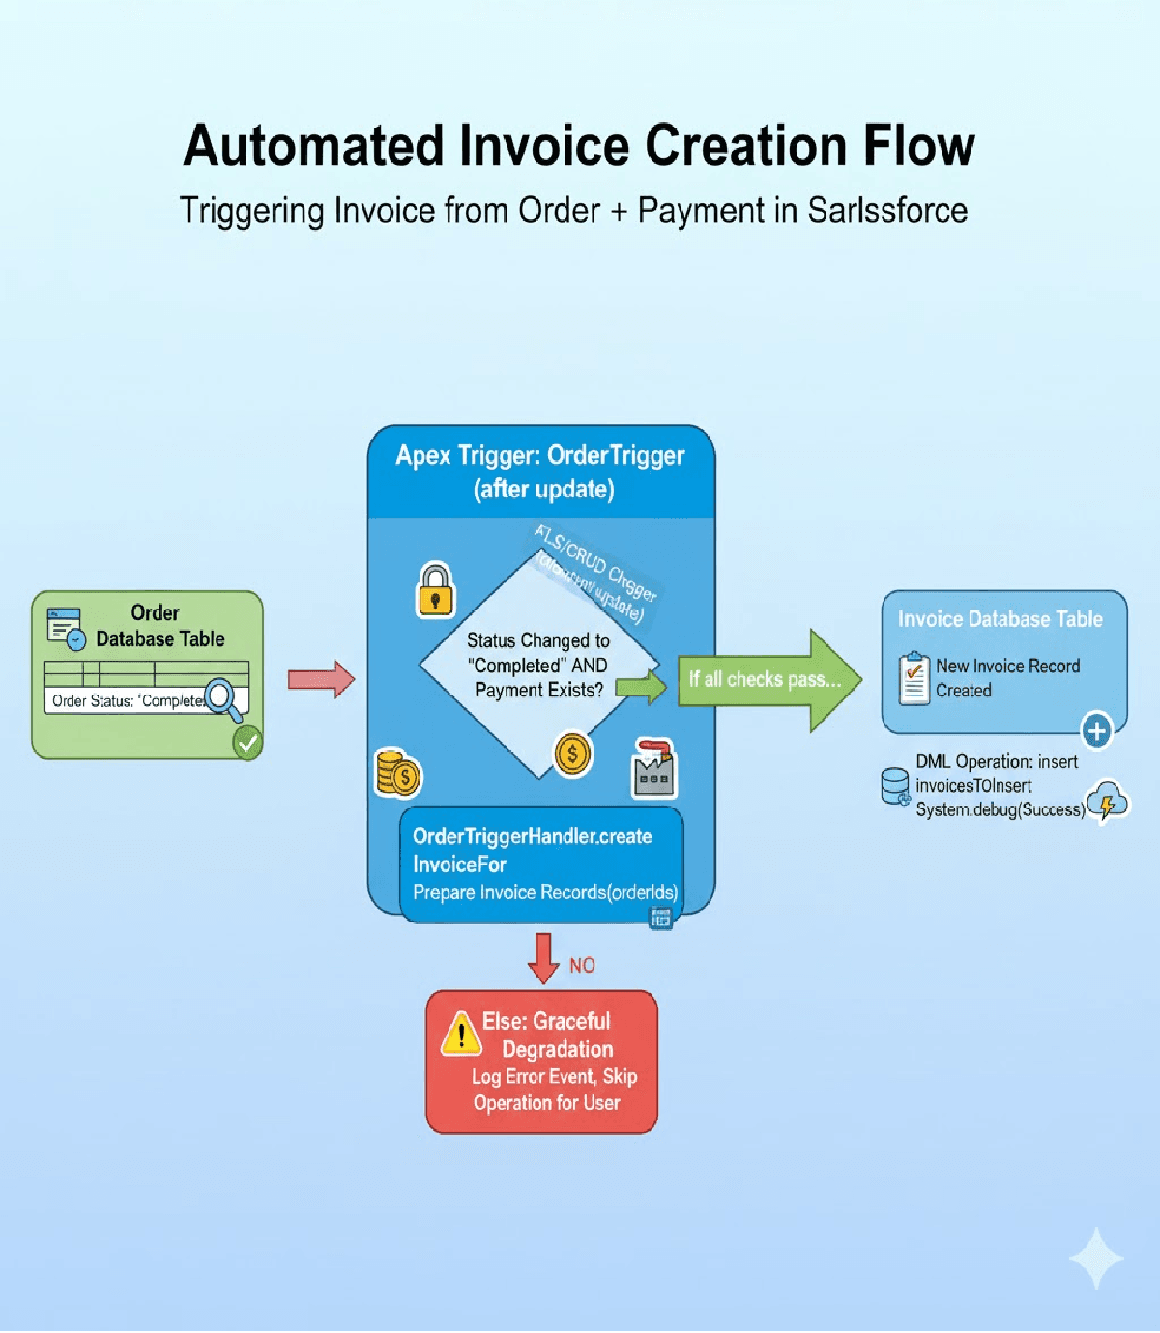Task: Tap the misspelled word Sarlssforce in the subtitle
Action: coord(887,211)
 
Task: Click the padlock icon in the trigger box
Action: coord(435,590)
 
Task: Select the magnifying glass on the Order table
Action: coord(223,698)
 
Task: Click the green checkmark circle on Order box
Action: coord(247,743)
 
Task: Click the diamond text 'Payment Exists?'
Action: coord(538,690)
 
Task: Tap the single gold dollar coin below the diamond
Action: coord(572,753)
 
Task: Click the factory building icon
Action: coord(654,769)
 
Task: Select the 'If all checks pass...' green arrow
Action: coord(768,679)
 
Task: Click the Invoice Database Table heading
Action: coord(1000,619)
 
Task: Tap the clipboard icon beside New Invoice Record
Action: coord(913,678)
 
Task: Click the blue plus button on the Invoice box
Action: coord(1096,730)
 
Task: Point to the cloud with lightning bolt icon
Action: coord(1107,801)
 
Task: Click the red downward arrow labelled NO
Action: coord(543,957)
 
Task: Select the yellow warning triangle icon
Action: coord(461,1034)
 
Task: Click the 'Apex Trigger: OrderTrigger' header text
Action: coord(540,456)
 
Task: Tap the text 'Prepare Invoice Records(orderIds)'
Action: coord(545,893)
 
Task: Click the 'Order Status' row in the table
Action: coord(130,700)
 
